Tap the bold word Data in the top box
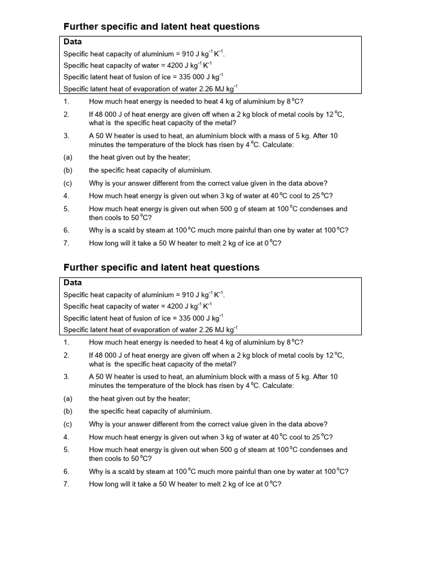point(72,42)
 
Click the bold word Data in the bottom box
point(72,283)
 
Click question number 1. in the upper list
point(66,102)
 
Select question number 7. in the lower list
point(66,484)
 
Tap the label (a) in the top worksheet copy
point(67,157)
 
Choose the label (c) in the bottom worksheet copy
point(67,424)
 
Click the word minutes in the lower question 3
point(101,386)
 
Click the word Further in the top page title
point(81,26)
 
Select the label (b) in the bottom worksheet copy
point(67,411)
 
